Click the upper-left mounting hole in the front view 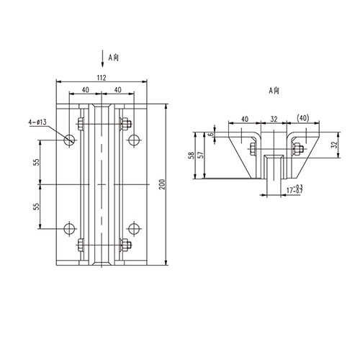[x=69, y=139]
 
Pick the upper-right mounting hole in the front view [x=132, y=139]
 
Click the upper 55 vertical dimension [x=36, y=163]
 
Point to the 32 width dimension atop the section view [x=274, y=120]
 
